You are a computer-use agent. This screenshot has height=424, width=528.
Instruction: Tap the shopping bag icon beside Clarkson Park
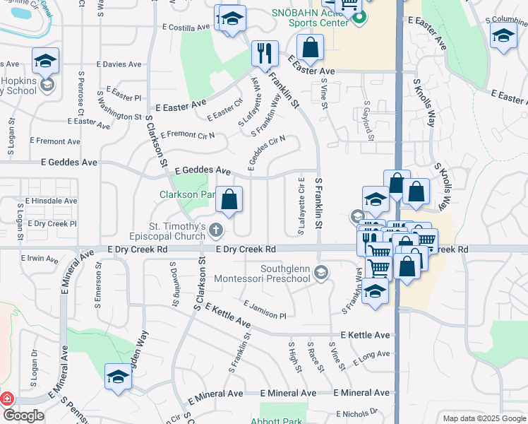pyautogui.click(x=229, y=199)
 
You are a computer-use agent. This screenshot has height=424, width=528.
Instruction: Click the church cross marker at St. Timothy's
pyautogui.click(x=216, y=230)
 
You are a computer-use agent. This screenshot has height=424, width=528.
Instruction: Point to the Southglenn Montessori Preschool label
pyautogui.click(x=285, y=273)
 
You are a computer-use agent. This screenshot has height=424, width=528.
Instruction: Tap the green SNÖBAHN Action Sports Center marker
pyautogui.click(x=359, y=18)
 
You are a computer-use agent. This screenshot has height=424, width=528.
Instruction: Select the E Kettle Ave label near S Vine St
pyautogui.click(x=365, y=335)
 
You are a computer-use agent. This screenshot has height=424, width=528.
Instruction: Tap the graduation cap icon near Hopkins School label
pyautogui.click(x=46, y=61)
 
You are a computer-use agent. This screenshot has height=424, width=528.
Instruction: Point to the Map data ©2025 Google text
pyautogui.click(x=484, y=418)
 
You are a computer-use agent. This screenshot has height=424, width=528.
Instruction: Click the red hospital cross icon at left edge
pyautogui.click(x=6, y=399)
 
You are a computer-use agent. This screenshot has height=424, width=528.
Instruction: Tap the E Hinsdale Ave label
pyautogui.click(x=51, y=201)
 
